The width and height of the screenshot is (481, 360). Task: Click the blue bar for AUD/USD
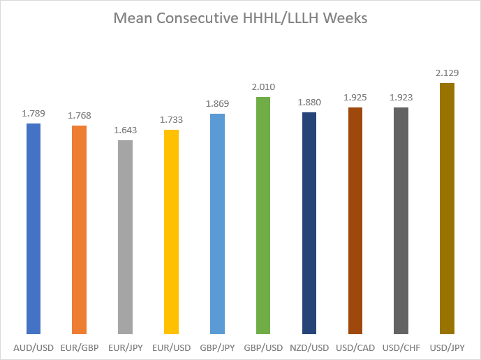(34, 229)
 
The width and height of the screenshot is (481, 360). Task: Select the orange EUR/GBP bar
(79, 230)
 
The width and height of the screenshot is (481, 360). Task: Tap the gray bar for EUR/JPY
(125, 237)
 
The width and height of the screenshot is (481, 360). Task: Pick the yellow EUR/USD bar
(171, 232)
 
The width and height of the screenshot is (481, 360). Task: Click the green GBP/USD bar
(263, 216)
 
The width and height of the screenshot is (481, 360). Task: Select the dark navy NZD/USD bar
(309, 223)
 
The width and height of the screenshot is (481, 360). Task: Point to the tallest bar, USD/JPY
(447, 209)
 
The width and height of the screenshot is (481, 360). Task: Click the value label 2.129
(447, 73)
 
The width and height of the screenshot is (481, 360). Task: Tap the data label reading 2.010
(263, 87)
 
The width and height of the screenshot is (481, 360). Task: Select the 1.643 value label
(126, 130)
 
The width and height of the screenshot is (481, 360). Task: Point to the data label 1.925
(355, 98)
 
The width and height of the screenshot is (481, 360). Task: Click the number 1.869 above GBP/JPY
(218, 104)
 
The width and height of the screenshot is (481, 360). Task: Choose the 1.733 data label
(172, 119)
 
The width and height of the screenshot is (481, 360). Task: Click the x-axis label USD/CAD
(355, 348)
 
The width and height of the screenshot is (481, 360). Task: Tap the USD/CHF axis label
(401, 348)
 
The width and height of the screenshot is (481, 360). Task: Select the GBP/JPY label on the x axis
(217, 348)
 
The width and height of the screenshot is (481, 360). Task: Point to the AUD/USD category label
(34, 348)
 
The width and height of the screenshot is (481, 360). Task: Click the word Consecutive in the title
(198, 18)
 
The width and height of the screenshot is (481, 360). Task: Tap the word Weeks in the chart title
(346, 18)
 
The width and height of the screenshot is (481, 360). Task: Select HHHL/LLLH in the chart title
(281, 18)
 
